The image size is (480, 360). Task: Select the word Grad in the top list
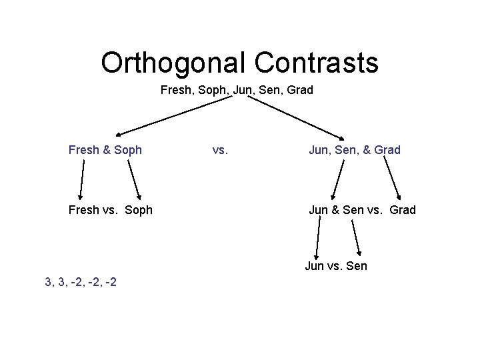click(300, 89)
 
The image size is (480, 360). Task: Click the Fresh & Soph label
click(105, 150)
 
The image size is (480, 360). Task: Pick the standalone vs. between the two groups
click(221, 150)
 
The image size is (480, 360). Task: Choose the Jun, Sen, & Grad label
click(354, 150)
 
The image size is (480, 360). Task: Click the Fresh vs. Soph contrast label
click(111, 210)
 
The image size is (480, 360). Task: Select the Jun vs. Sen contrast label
click(336, 266)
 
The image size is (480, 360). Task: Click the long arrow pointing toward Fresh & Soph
click(173, 115)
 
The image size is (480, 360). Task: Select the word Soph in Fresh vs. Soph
click(138, 210)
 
